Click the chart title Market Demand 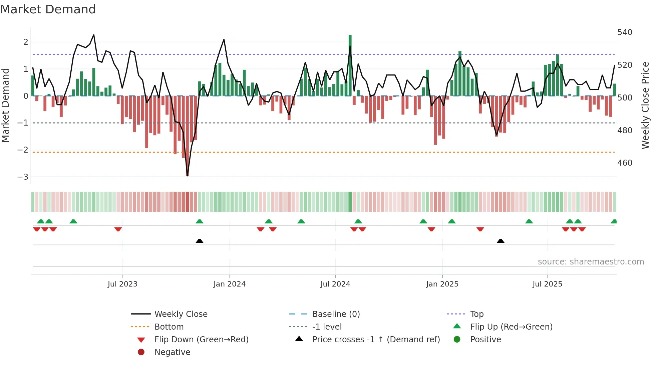point(48,9)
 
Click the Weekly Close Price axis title point(645,105)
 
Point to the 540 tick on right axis point(625,32)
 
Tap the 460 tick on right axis point(625,163)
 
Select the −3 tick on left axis point(23,177)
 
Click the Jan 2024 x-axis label point(230,284)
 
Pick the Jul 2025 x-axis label point(547,284)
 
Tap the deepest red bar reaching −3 point(187,140)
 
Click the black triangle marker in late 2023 point(200,241)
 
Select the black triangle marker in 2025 point(501,241)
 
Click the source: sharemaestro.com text point(591,262)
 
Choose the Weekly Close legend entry point(181,314)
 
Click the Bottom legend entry point(169,327)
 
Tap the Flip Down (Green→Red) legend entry point(201,340)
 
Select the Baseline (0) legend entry point(336,314)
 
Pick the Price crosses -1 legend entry point(376,340)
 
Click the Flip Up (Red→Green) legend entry point(511,327)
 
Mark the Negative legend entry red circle point(141,352)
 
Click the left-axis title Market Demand point(5,105)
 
